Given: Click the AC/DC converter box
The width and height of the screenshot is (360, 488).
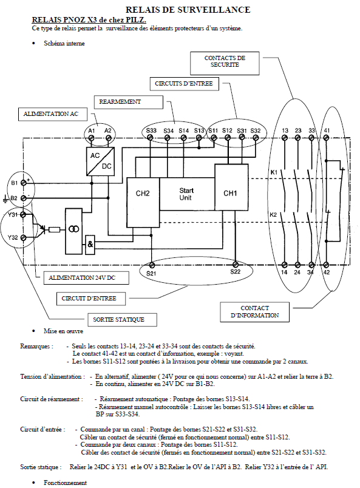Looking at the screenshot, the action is point(100,161).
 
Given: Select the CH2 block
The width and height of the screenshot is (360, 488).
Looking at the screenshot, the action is point(143,202).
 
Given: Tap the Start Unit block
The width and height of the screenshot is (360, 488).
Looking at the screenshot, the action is point(187,194).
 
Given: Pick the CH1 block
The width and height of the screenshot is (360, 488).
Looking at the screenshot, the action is point(231,188).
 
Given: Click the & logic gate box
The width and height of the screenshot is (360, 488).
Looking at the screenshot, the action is point(90,245).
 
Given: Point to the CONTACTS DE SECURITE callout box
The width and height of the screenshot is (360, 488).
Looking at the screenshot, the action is point(225,63).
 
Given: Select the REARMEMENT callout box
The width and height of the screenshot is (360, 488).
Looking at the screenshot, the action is point(128,102).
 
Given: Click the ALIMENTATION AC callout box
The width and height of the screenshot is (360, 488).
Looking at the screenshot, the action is point(53,114).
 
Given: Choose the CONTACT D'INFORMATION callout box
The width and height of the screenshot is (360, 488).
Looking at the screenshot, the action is point(254,312).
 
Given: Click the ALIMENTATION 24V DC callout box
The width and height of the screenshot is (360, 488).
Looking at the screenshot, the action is point(86,277).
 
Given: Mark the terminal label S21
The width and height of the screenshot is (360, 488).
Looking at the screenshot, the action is point(151,274).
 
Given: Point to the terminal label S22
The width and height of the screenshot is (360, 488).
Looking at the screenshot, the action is point(236,271).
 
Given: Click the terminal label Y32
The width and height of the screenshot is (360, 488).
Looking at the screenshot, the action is point(13,237).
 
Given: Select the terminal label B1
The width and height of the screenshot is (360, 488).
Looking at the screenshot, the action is point(15,183).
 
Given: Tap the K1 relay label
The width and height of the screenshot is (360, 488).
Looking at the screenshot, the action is point(274,172).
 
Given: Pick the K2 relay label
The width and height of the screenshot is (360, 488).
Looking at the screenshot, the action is point(273,214).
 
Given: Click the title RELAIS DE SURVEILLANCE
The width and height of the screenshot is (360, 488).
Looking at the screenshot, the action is point(188,10).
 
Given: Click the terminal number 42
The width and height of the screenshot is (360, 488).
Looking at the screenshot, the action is point(326,273).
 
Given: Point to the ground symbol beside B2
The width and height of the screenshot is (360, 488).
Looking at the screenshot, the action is point(5,199).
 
